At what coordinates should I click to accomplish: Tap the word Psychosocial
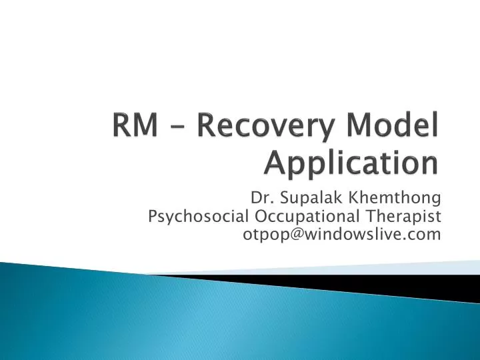tap(198, 216)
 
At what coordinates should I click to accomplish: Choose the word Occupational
tap(302, 216)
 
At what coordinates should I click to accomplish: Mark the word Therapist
tap(401, 216)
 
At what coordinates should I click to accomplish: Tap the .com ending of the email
tap(425, 234)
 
